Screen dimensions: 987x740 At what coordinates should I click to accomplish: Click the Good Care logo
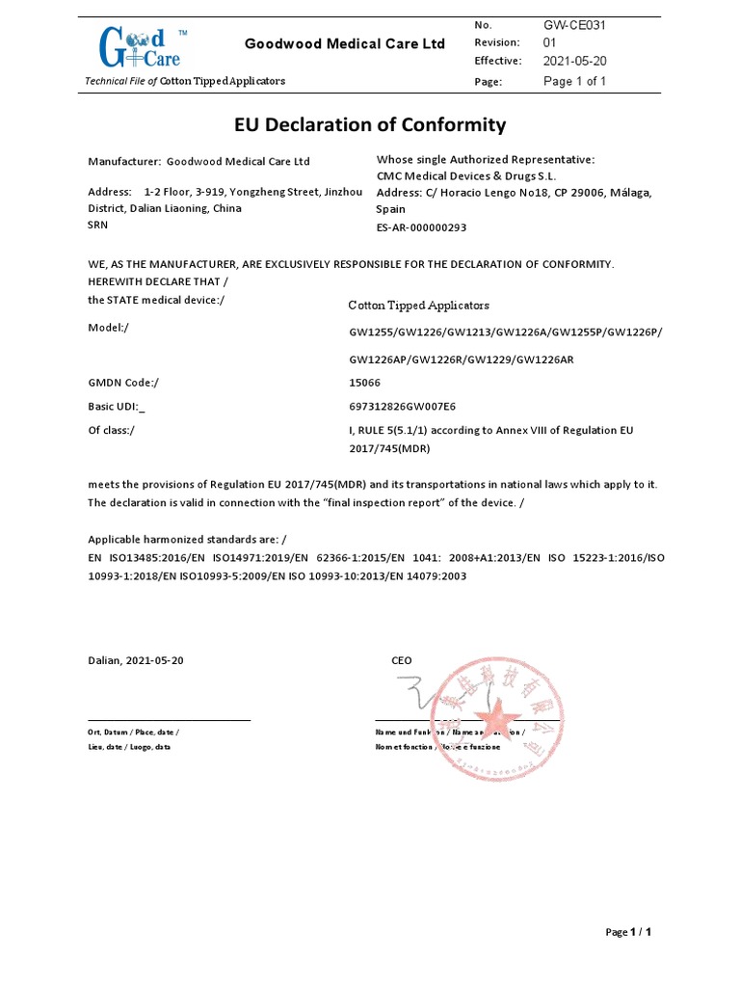[x=139, y=46]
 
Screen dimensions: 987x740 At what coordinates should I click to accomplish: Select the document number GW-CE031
[x=574, y=24]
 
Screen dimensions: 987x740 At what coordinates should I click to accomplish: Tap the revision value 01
[x=550, y=42]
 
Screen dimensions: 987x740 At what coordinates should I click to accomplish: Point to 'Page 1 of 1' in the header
[x=574, y=82]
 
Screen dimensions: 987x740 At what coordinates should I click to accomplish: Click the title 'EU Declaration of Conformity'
[x=370, y=124]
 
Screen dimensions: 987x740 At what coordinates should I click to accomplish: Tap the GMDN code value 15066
[x=364, y=383]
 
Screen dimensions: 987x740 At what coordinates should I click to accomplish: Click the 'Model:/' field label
[x=109, y=328]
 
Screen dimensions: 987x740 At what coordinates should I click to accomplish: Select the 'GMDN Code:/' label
[x=123, y=383]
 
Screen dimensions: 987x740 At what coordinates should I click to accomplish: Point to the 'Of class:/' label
[x=112, y=430]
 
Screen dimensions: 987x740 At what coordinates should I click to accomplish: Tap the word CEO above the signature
[x=402, y=660]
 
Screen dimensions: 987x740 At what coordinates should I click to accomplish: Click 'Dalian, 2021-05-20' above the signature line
[x=136, y=660]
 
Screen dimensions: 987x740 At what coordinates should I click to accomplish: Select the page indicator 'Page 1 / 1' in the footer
[x=628, y=932]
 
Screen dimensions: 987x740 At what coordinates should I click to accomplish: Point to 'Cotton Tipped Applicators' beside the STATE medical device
[x=418, y=306]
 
